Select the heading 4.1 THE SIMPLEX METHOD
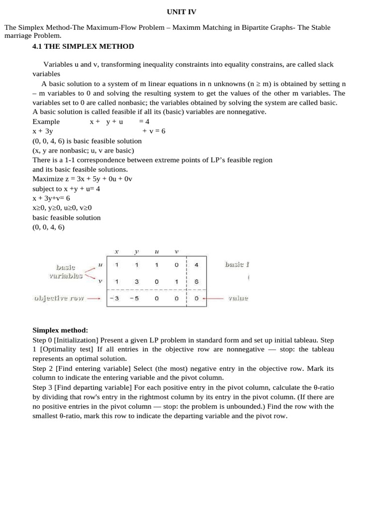click(x=83, y=46)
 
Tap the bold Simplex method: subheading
click(x=60, y=330)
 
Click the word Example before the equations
click(x=46, y=121)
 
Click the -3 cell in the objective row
click(x=115, y=299)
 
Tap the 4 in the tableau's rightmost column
click(x=196, y=265)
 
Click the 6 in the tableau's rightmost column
click(x=196, y=281)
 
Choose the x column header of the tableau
click(x=116, y=252)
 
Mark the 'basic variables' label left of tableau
click(x=66, y=271)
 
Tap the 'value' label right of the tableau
click(x=238, y=299)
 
